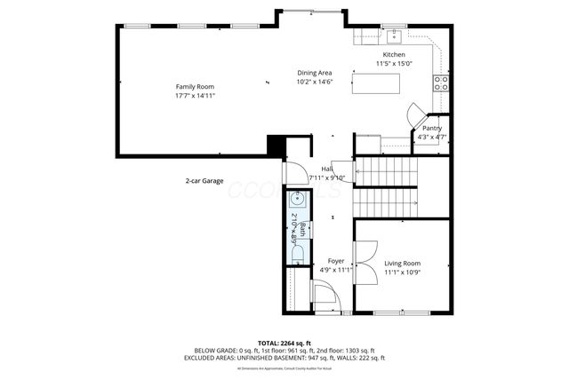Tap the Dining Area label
tap(315, 73)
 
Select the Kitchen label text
tap(394, 55)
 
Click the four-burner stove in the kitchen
tap(439, 83)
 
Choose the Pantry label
tap(432, 128)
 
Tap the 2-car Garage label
tap(204, 180)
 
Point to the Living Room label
tap(402, 264)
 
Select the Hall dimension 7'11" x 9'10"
tap(326, 178)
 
